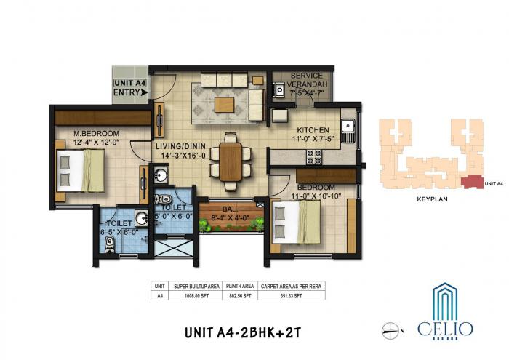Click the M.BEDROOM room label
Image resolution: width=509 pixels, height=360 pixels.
[x=92, y=132]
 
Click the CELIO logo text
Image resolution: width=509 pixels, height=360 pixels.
[x=445, y=329]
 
